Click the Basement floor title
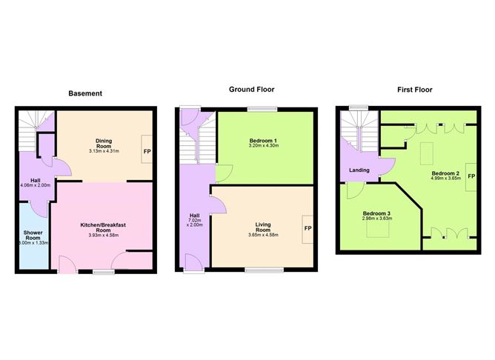(x=85, y=93)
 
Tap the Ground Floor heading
(x=250, y=89)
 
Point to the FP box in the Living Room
(x=307, y=228)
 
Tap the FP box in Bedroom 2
(x=470, y=177)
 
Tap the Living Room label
(x=263, y=227)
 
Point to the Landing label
(x=359, y=170)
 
